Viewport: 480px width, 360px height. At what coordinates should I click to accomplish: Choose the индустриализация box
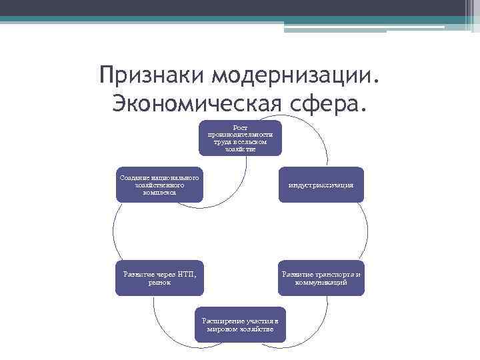tap(321, 185)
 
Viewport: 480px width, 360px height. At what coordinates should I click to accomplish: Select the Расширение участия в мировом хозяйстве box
tap(240, 325)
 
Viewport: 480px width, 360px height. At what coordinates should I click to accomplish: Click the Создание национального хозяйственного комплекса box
tap(159, 185)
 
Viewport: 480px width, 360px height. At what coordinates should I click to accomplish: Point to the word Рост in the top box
tap(240, 127)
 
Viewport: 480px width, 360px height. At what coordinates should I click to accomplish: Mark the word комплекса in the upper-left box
tap(159, 192)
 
